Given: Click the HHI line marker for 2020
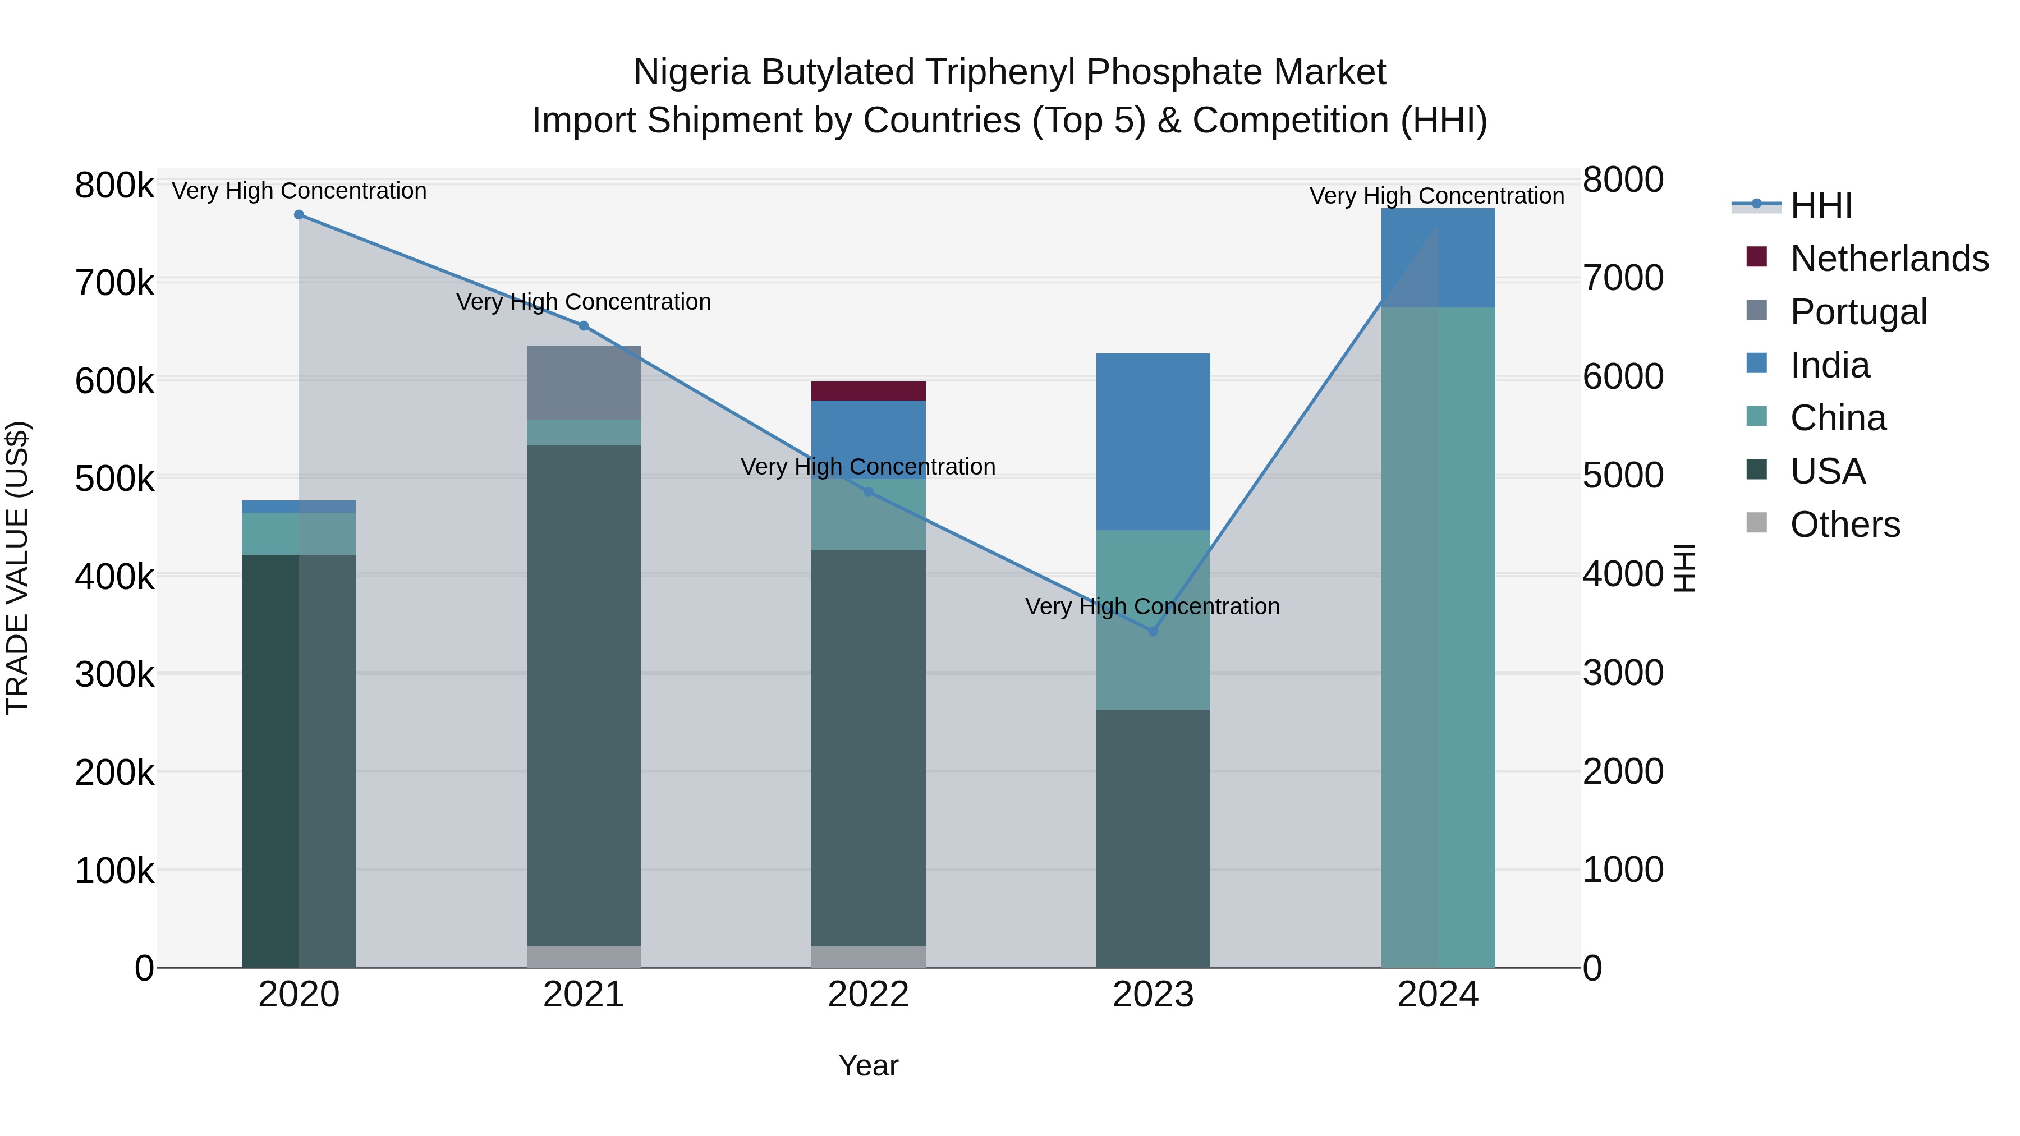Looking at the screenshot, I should (299, 215).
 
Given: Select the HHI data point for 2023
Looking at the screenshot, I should (1153, 631).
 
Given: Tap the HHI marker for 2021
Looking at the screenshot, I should (584, 326).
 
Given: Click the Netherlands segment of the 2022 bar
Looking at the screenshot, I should (868, 391).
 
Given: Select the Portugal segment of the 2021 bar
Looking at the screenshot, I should (584, 383).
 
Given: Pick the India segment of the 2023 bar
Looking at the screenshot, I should (1153, 441).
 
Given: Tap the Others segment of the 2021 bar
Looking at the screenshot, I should (584, 956).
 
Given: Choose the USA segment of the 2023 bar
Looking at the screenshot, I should (1153, 838).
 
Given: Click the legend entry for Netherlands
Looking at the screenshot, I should (1888, 259).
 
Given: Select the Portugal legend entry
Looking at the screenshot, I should (1858, 312).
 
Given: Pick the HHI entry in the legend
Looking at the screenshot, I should (1821, 205).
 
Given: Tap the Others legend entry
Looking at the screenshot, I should (1844, 525).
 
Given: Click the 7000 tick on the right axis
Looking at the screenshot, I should (1622, 278).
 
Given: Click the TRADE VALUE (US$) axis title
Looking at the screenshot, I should (18, 568).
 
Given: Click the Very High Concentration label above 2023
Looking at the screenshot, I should (1152, 607).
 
